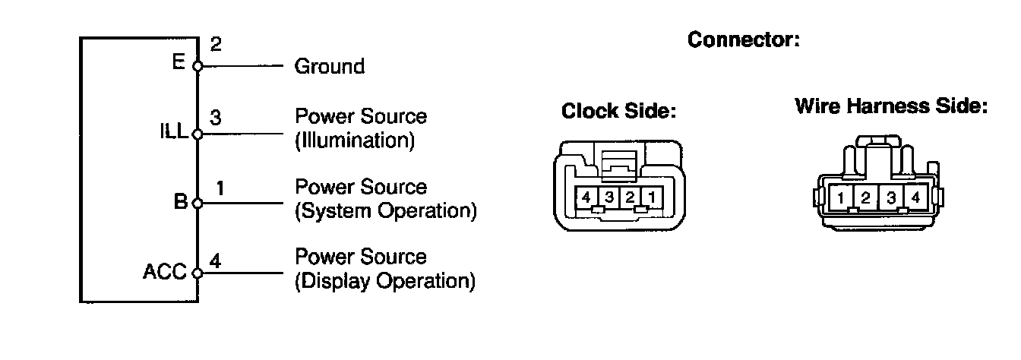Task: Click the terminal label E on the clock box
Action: [x=179, y=62]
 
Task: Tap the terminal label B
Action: [x=180, y=202]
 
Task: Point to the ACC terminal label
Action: [x=165, y=272]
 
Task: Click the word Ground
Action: [x=329, y=67]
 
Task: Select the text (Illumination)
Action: [x=354, y=141]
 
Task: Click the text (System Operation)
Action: [x=385, y=210]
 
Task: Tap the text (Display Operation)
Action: [x=384, y=281]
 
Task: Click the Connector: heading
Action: [x=743, y=40]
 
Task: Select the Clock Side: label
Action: [x=618, y=112]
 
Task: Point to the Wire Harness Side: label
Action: [x=890, y=106]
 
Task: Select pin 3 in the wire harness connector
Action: [x=890, y=199]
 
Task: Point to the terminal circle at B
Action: [x=198, y=204]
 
